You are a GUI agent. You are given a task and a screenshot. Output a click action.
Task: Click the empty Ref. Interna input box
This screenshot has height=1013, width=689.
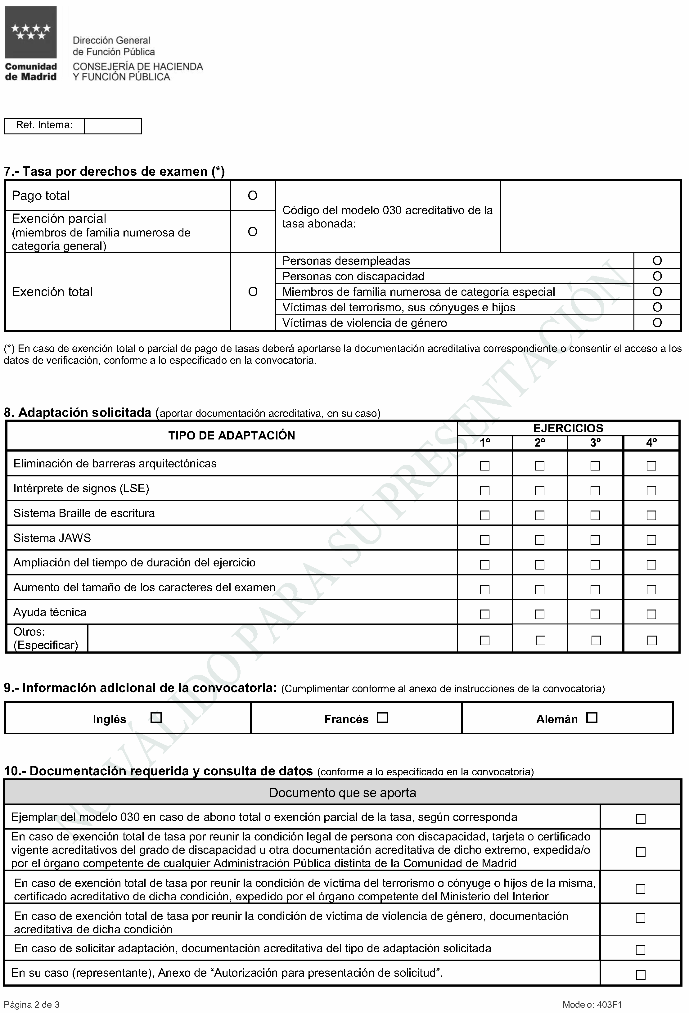pos(113,126)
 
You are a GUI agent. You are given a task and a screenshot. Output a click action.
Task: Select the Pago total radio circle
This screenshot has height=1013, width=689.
pos(253,196)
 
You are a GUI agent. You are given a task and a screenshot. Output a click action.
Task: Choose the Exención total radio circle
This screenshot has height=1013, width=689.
pos(253,292)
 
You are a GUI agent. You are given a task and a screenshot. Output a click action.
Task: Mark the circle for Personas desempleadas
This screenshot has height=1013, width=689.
pos(657,261)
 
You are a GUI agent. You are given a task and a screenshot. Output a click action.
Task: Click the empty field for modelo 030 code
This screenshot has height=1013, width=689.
pos(590,217)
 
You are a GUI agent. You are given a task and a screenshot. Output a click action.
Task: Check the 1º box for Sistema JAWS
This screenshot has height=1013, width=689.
pos(484,540)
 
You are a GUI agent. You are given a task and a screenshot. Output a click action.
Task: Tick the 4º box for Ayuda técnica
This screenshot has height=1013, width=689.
pos(651,614)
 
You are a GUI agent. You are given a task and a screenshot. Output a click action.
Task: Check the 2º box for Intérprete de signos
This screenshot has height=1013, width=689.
pos(539,490)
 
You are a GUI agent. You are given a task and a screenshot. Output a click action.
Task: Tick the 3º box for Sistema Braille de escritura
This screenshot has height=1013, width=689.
pos(595,515)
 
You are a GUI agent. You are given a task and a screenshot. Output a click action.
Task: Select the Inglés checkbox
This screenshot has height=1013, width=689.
pos(155,718)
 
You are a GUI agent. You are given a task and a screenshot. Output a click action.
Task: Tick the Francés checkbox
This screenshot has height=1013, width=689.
pos(382,718)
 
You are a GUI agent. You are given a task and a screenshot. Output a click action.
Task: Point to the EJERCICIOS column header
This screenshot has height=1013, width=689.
pos(568,428)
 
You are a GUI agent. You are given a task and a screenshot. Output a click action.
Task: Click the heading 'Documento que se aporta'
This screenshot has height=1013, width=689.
pos(343,792)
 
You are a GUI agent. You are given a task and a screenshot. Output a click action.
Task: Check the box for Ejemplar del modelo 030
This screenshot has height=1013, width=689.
pos(640,819)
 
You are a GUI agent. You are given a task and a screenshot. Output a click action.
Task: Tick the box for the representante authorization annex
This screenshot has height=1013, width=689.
pos(640,975)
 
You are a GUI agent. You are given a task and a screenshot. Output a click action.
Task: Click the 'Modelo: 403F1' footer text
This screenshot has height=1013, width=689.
pos(592,1005)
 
